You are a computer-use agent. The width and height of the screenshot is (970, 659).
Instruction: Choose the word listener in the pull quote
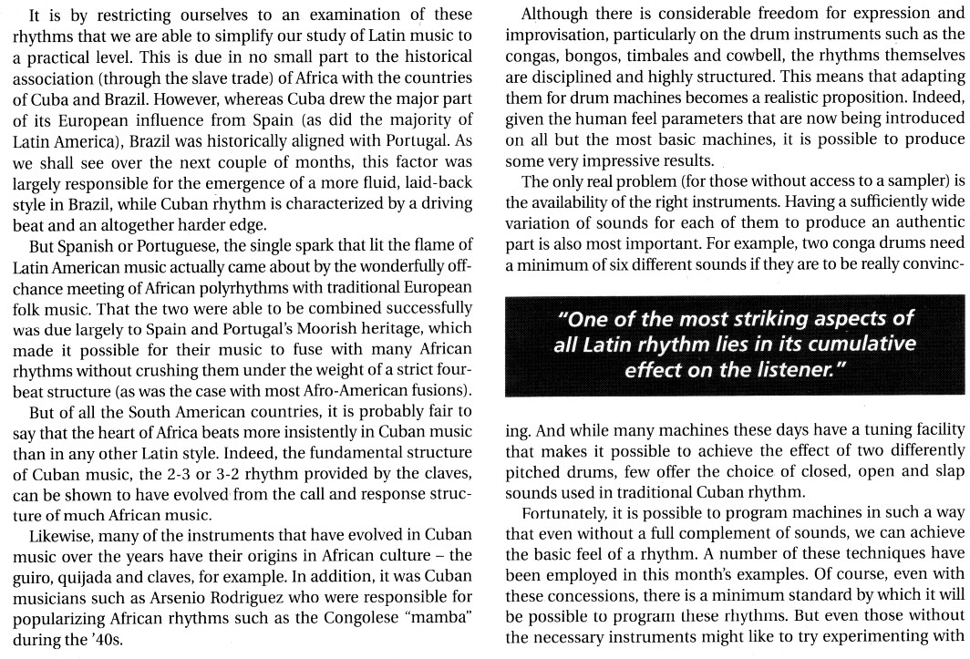tap(792, 368)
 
